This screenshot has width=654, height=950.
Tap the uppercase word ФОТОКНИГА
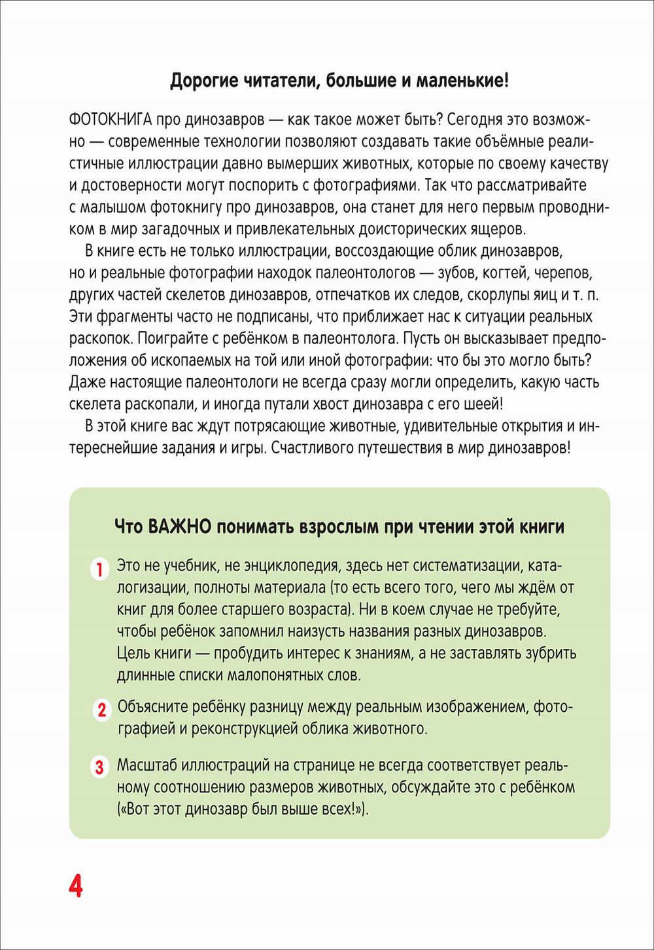[x=111, y=120]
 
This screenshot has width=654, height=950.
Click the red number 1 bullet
[x=99, y=569]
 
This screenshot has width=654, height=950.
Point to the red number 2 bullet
[x=101, y=710]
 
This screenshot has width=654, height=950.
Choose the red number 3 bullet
[x=99, y=767]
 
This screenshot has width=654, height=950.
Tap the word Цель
[x=134, y=653]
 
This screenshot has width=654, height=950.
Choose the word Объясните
[x=154, y=707]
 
